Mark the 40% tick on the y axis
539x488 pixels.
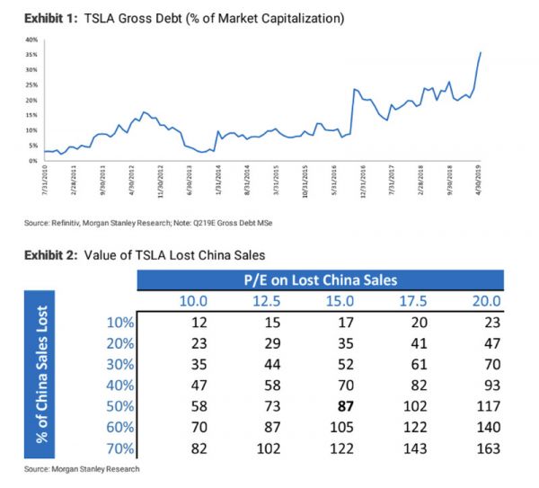click(x=31, y=40)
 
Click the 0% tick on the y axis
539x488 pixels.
click(x=32, y=160)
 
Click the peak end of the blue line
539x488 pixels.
click(x=482, y=52)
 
